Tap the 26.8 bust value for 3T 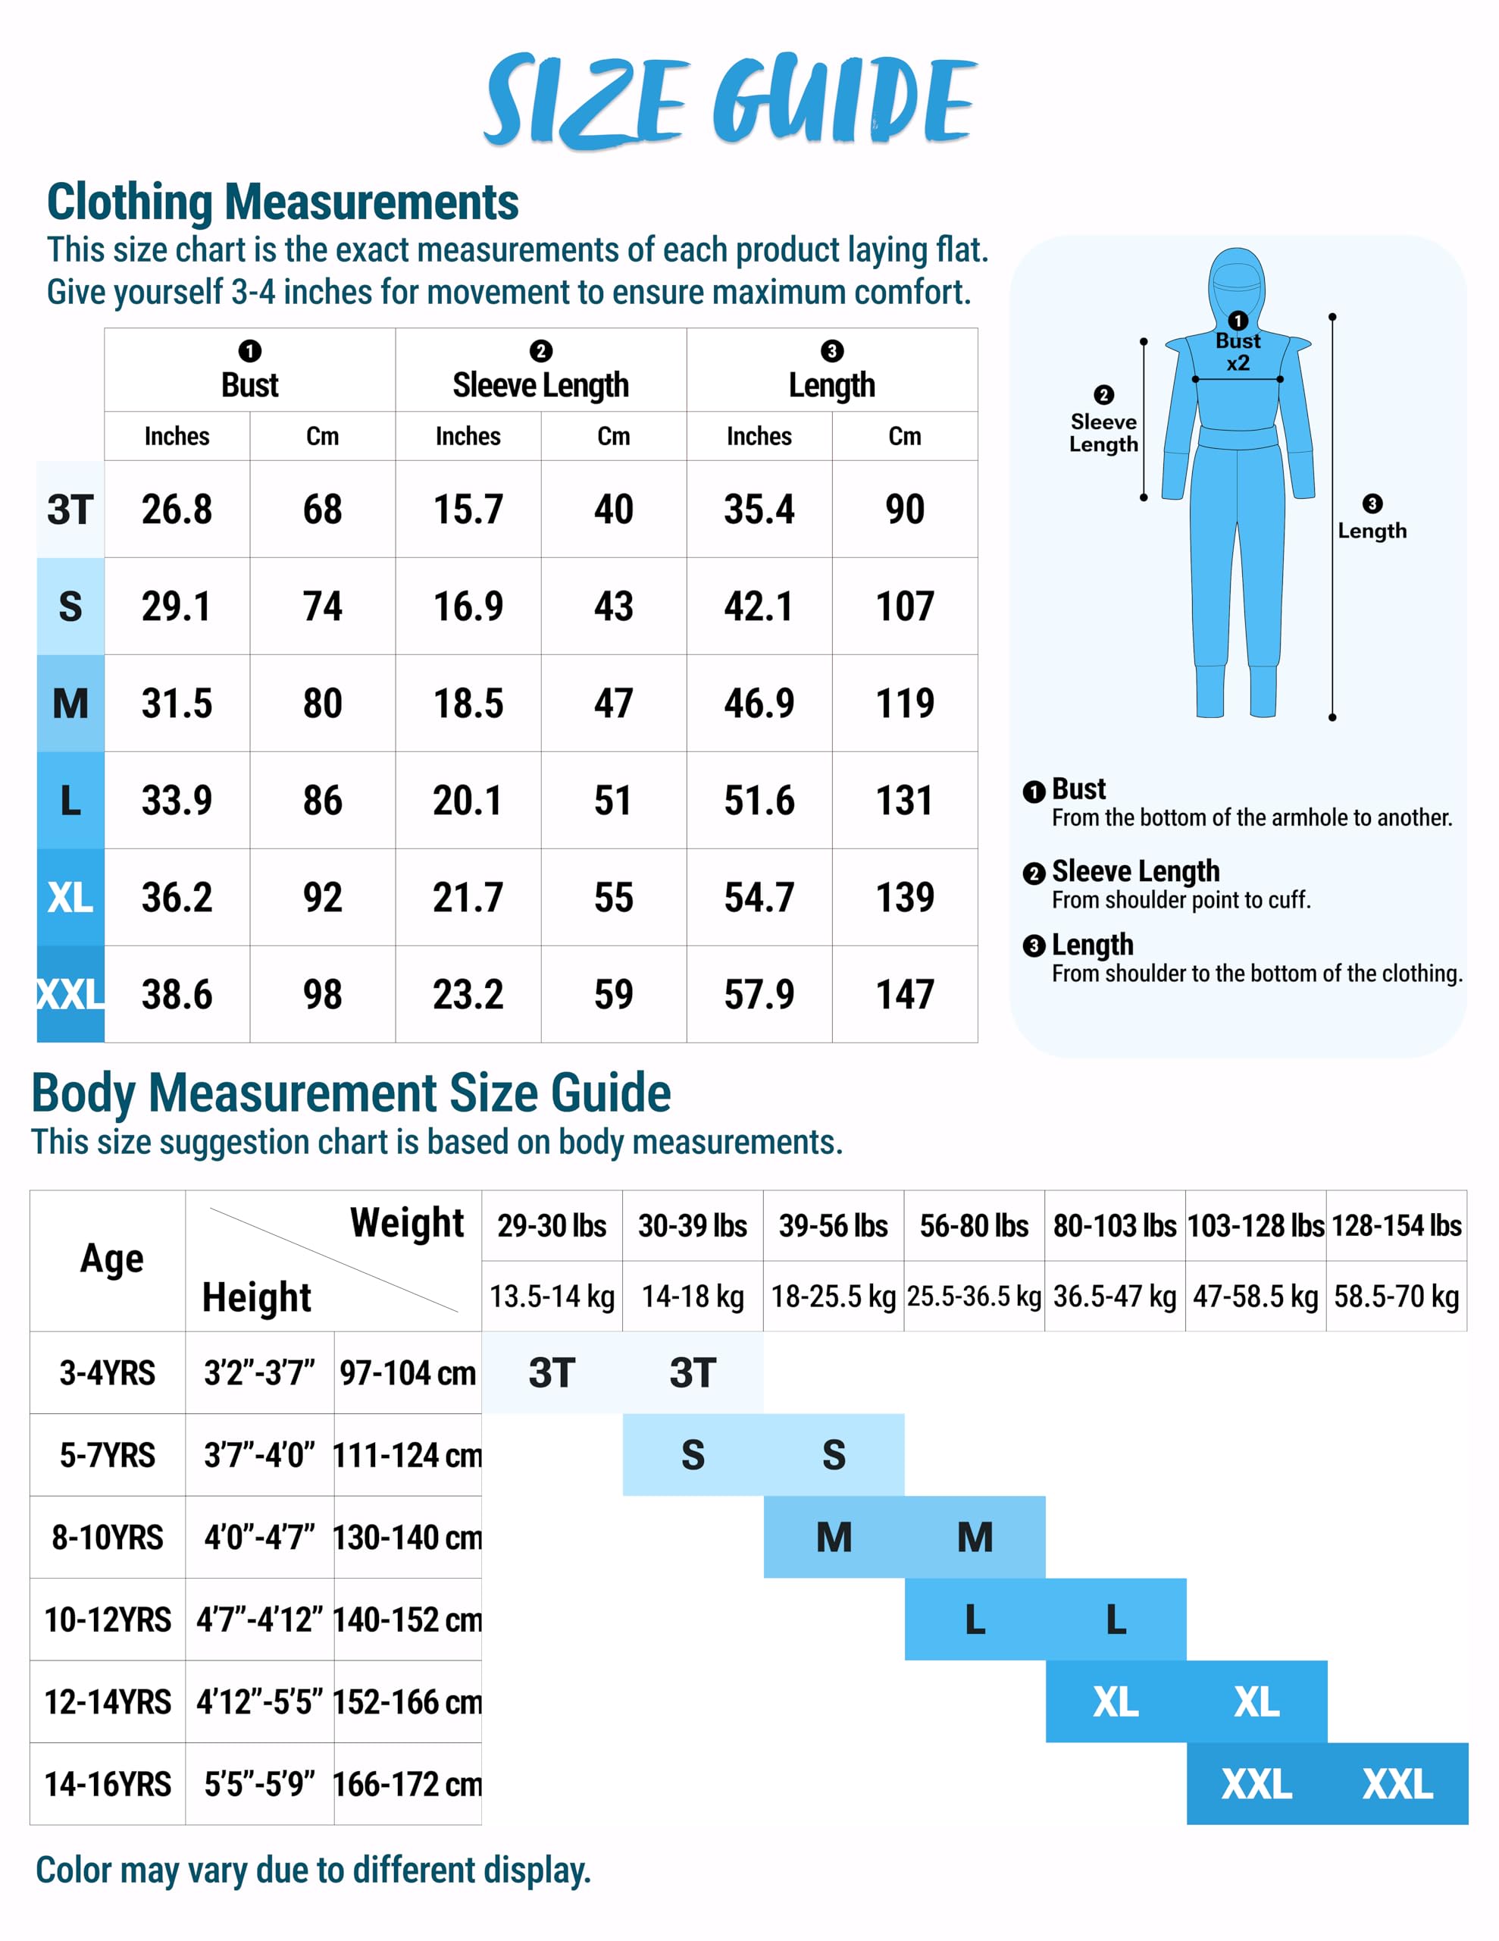point(177,510)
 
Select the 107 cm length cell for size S point(905,606)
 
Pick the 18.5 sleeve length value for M point(468,704)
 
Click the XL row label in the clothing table point(70,898)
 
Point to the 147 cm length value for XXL point(905,995)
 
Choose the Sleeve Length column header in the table point(540,385)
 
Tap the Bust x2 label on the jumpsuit point(1238,352)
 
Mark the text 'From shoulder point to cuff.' point(1181,900)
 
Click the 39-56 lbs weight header point(833,1225)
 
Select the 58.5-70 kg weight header point(1396,1297)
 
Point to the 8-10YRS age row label point(108,1538)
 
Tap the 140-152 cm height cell point(408,1620)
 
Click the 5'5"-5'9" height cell point(259,1785)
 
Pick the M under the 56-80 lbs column point(975,1538)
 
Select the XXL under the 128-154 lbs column point(1397,1785)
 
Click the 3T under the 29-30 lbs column point(552,1373)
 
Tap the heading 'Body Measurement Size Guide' point(351,1093)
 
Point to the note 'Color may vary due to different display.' point(313,1870)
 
